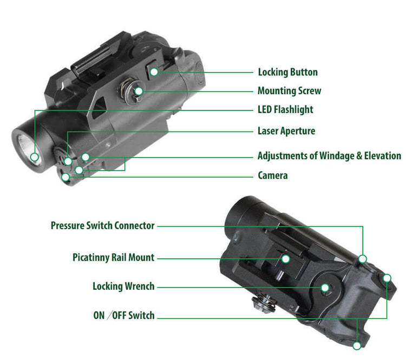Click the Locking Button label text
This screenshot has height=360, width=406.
click(287, 72)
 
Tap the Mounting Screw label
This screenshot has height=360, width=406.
click(289, 91)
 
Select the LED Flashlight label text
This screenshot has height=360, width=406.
click(285, 109)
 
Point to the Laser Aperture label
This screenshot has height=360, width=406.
click(286, 131)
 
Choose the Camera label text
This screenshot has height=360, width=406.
click(273, 175)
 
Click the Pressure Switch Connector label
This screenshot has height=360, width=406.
click(102, 226)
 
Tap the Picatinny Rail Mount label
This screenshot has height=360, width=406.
click(114, 258)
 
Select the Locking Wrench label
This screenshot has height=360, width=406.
click(123, 286)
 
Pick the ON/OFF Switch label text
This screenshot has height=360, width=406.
click(124, 316)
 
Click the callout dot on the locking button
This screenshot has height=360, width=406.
click(154, 72)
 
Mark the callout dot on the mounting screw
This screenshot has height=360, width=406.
click(139, 91)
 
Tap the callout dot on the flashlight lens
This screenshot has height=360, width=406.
click(35, 157)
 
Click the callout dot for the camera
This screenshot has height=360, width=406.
click(66, 177)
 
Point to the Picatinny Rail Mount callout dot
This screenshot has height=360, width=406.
click(286, 259)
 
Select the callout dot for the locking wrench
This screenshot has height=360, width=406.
click(325, 287)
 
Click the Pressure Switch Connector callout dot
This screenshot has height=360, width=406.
click(363, 259)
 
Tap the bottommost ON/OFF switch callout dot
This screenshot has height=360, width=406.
click(357, 345)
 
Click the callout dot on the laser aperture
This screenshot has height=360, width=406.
click(68, 161)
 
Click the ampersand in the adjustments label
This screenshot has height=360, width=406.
click(359, 156)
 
